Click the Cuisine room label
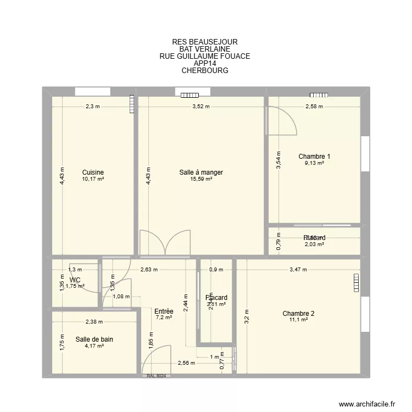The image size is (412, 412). (93, 172)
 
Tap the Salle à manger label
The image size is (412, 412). (201, 172)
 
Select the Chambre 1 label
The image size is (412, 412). (314, 156)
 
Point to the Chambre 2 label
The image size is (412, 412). (298, 314)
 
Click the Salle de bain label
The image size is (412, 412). (94, 339)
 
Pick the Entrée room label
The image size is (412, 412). (164, 311)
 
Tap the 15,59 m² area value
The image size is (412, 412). (201, 179)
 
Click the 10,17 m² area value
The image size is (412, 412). (93, 179)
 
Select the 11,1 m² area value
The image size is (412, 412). (298, 320)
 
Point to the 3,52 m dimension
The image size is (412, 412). (201, 107)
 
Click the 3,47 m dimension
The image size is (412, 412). (298, 270)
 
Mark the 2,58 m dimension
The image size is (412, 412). (314, 107)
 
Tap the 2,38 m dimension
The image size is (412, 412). (93, 322)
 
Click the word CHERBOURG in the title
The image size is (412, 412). (204, 71)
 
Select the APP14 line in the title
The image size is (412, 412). (204, 63)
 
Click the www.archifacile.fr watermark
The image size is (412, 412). (367, 404)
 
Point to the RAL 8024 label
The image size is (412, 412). (157, 376)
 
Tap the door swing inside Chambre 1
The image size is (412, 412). (281, 120)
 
